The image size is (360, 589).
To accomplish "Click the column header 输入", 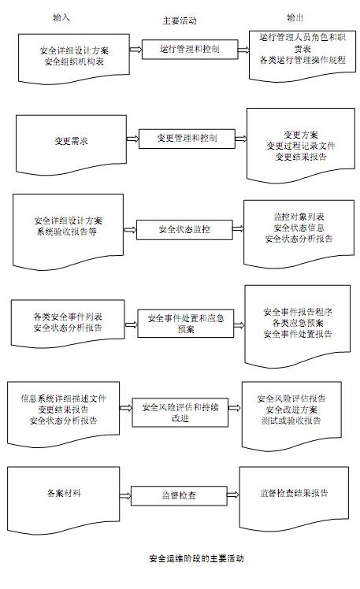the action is [x=61, y=17].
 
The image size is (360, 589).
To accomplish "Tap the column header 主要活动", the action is [x=180, y=20].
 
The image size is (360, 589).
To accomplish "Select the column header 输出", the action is [x=295, y=17].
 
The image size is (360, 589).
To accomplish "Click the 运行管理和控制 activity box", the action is [x=190, y=49].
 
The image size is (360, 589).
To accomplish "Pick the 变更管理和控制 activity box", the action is [x=187, y=139].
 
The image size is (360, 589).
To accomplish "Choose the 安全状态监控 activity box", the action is [x=184, y=229].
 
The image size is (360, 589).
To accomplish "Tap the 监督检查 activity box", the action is [x=179, y=496].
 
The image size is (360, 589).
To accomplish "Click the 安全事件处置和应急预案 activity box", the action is [x=186, y=324].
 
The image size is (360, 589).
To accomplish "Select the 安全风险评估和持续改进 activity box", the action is [x=180, y=413].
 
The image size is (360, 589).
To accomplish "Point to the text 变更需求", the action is [x=71, y=141].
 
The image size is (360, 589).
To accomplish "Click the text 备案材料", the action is [x=64, y=493].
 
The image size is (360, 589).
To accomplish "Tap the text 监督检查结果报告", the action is [x=294, y=493].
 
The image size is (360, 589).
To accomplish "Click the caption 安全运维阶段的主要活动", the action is [x=196, y=558].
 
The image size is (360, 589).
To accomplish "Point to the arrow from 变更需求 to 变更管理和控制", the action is [x=132, y=139].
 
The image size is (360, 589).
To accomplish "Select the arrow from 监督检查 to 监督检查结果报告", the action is [x=233, y=495].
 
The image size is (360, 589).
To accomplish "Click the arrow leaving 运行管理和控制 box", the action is [x=244, y=50].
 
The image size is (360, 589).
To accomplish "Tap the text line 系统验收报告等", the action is [x=66, y=232].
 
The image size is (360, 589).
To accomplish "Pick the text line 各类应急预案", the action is [x=298, y=323].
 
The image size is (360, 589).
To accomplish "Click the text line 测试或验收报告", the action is [x=291, y=420].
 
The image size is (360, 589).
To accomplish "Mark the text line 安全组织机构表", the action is [x=74, y=61].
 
